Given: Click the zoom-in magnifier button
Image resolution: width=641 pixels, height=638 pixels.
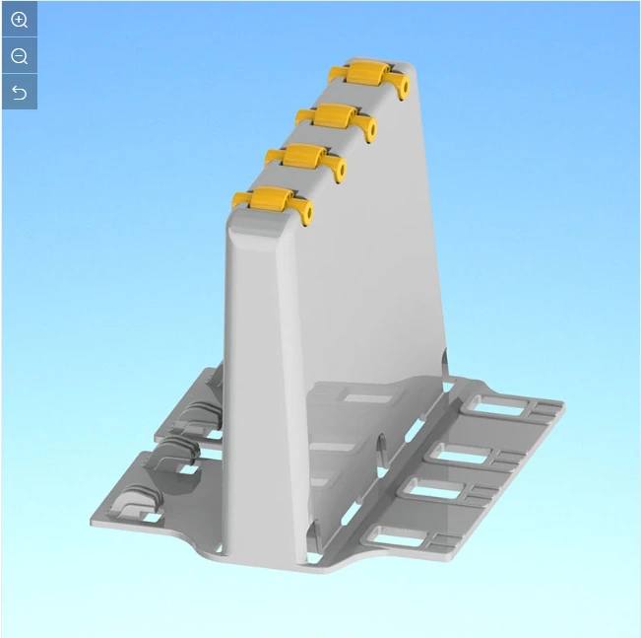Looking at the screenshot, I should pyautogui.click(x=19, y=20).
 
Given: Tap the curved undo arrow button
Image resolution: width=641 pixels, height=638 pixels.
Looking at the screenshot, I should pyautogui.click(x=19, y=93).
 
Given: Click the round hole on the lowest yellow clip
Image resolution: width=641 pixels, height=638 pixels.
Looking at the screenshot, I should pyautogui.click(x=306, y=213).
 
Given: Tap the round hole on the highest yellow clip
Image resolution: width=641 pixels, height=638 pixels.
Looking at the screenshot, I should pyautogui.click(x=403, y=87).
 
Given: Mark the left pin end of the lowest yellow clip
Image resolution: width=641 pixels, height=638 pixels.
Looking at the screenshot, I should pyautogui.click(x=237, y=202).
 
